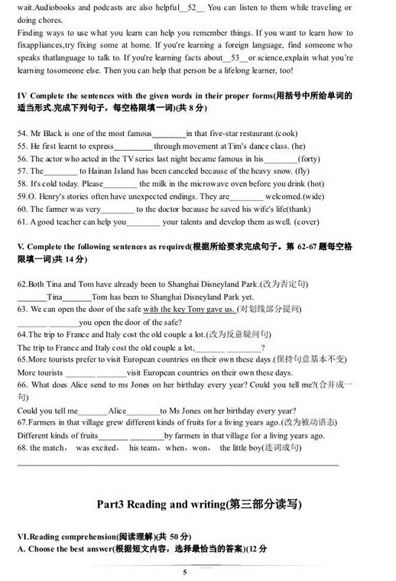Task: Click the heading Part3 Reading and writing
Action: pyautogui.click(x=199, y=504)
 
